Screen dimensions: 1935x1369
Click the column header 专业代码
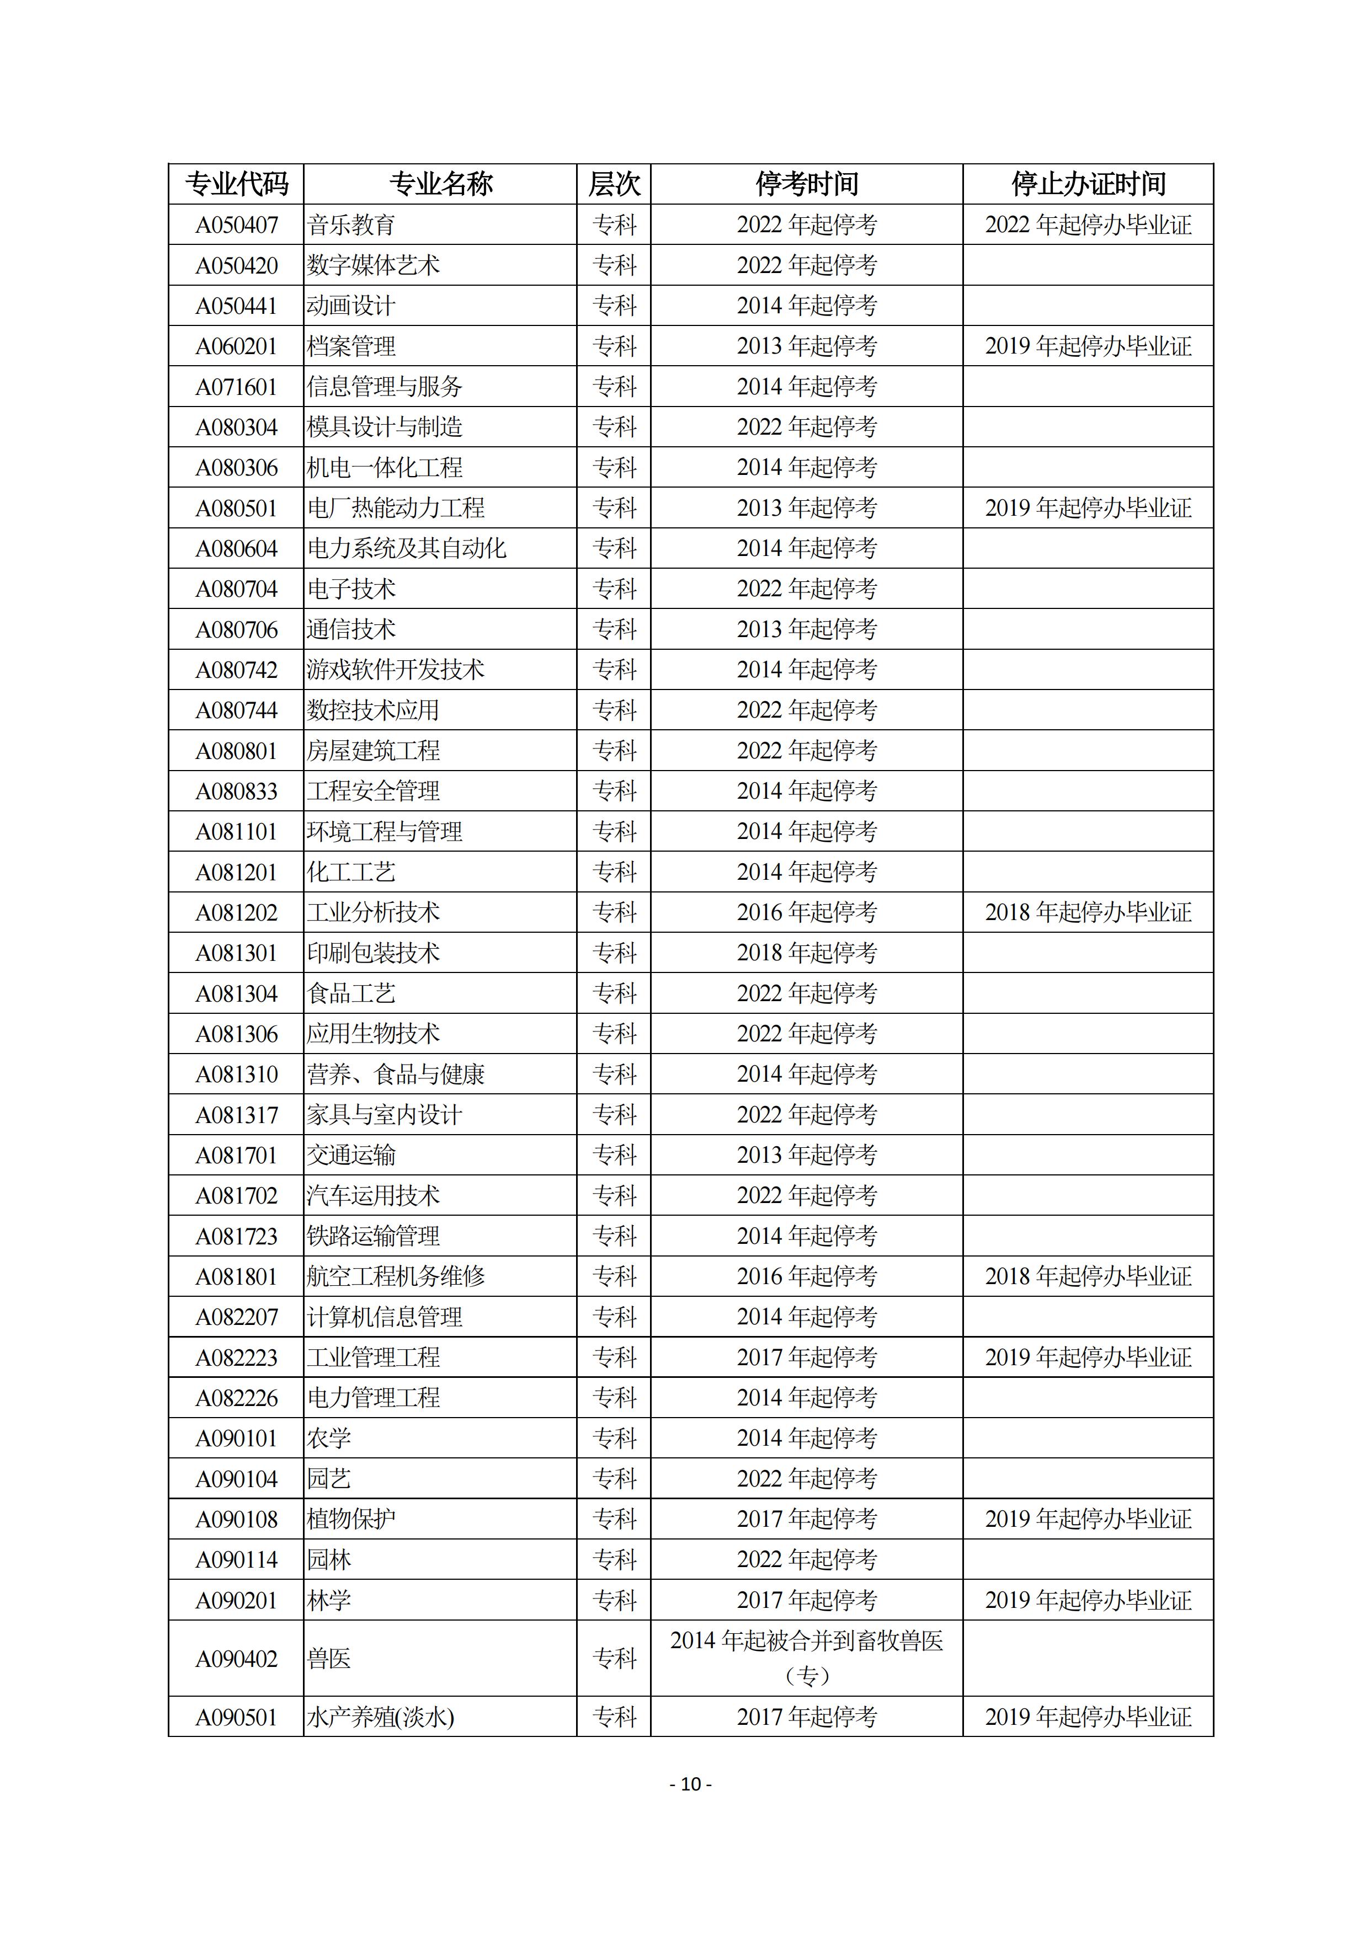[x=236, y=184]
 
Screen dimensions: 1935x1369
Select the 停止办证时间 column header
[x=1088, y=184]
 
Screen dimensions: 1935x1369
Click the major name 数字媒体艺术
[x=374, y=265]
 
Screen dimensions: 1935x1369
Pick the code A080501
[x=236, y=508]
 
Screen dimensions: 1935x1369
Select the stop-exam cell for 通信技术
[x=807, y=629]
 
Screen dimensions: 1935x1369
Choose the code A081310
[x=236, y=1075]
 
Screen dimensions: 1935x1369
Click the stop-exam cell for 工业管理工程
[x=807, y=1357]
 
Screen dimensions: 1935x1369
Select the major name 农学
[x=329, y=1439]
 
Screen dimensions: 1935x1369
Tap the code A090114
[x=236, y=1560]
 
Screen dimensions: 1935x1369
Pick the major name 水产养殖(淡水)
[x=380, y=1717]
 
